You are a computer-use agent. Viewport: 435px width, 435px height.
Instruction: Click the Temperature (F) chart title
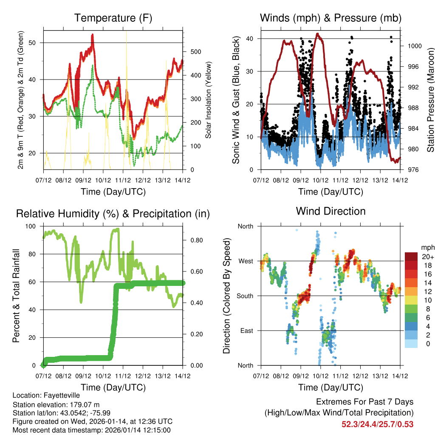click(x=113, y=18)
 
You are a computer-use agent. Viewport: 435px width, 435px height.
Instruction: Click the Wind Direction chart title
click(x=330, y=211)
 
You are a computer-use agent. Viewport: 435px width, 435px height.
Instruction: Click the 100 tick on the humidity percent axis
click(x=33, y=226)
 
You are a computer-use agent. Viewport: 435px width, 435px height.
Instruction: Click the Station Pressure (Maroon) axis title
click(x=430, y=100)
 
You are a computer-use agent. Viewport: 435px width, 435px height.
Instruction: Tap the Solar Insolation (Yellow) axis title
click(x=209, y=100)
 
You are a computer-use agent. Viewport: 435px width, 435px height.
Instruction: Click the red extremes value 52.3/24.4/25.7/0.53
click(x=377, y=424)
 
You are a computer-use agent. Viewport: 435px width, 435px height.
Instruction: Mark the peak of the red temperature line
click(x=92, y=35)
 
